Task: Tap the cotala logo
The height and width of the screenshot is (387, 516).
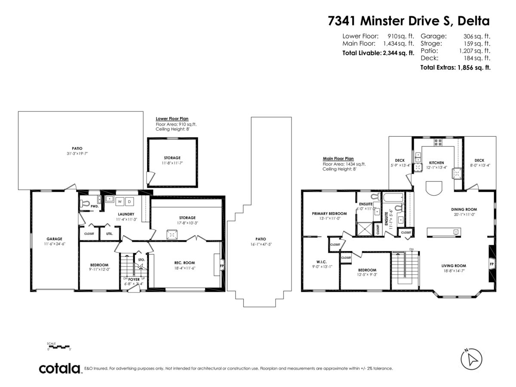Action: (x=60, y=369)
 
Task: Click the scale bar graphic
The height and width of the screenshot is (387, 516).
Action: (x=58, y=346)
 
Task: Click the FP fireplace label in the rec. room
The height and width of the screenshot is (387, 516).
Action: (x=222, y=266)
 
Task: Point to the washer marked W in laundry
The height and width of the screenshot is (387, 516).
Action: (x=120, y=201)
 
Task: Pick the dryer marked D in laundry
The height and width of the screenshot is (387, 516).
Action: (x=129, y=201)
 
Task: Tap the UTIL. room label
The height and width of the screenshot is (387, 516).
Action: (x=106, y=234)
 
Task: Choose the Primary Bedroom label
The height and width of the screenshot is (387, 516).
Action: (x=329, y=213)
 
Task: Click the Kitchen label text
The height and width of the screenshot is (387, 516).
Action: (x=436, y=163)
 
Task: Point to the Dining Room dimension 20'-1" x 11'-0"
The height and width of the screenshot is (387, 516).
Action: (x=465, y=215)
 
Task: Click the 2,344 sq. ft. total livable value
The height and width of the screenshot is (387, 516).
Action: (x=398, y=53)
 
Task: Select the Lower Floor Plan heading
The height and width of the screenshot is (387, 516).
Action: (x=172, y=119)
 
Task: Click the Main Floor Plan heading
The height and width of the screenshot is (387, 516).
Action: (x=338, y=158)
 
